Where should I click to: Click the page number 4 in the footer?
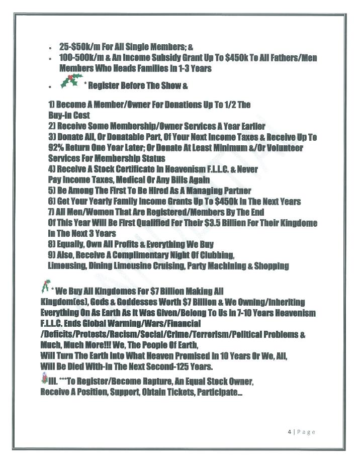click(x=283, y=431)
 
